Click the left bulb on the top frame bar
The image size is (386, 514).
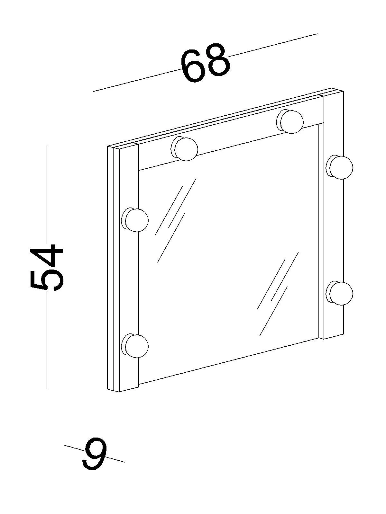pyautogui.click(x=186, y=149)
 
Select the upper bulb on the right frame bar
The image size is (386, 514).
pyautogui.click(x=341, y=167)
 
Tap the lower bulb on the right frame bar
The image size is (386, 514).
pyautogui.click(x=341, y=293)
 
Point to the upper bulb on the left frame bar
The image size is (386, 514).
pyautogui.click(x=136, y=220)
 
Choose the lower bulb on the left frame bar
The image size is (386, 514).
pyautogui.click(x=136, y=346)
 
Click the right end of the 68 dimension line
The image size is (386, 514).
pyautogui.click(x=317, y=33)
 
